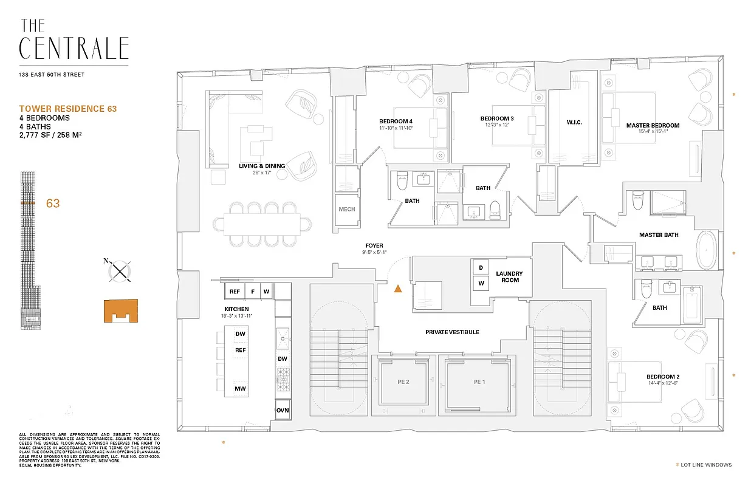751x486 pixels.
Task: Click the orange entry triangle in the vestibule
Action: coord(398,289)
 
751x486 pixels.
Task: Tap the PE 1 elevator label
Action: coord(480,382)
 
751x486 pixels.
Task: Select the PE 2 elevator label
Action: coord(403,382)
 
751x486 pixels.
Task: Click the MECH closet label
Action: coord(346,210)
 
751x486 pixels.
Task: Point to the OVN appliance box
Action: coord(283,410)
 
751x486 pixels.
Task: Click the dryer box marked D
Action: coord(481,268)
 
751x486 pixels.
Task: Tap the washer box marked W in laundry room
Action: coord(481,282)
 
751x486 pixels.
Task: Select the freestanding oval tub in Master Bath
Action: coord(706,250)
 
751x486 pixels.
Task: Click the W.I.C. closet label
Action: coord(574,122)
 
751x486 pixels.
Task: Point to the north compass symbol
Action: coord(121,270)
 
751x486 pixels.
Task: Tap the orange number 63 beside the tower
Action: coord(53,204)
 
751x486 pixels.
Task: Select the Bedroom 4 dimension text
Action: coord(396,128)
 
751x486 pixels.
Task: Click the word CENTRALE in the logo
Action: coord(74,48)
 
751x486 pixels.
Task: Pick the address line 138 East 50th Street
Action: coord(52,75)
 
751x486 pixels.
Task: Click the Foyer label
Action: coord(374,246)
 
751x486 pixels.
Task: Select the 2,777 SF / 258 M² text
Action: coord(51,135)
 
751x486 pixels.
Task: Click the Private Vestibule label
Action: coord(452,332)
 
